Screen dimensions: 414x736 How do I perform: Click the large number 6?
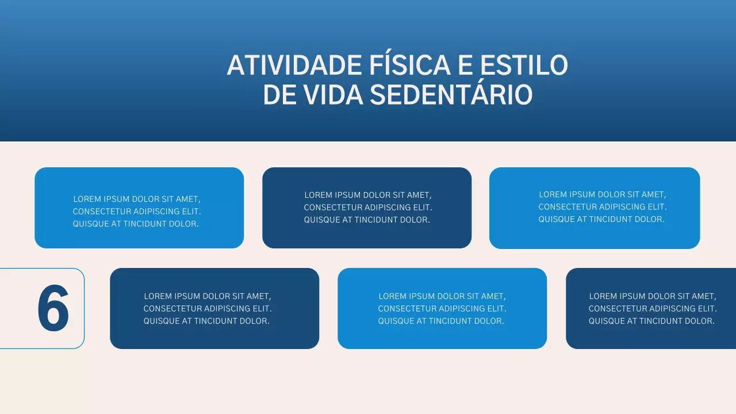click(x=53, y=309)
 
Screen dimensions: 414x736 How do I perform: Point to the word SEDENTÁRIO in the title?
click(x=451, y=95)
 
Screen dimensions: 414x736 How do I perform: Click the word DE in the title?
click(x=279, y=95)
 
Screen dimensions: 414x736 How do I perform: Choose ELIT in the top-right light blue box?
click(x=655, y=207)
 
